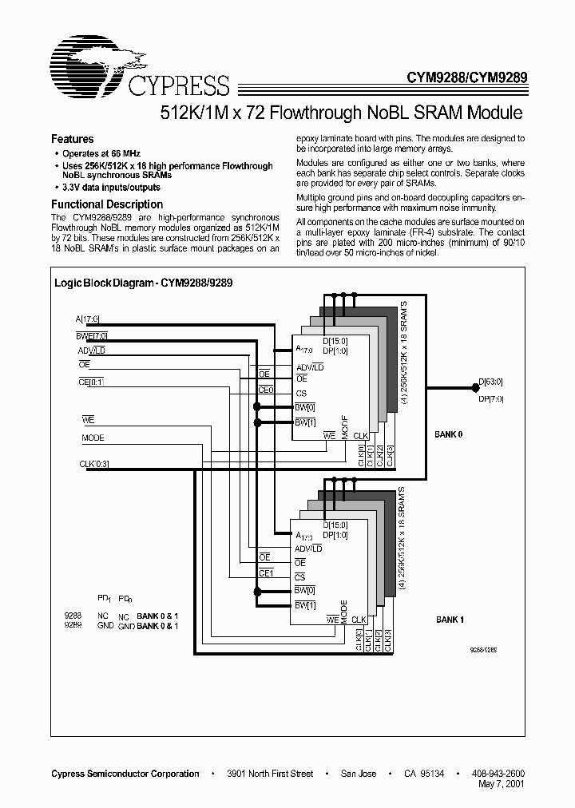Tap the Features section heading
pos(73,139)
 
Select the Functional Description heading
pos(106,204)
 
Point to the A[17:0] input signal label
pos(85,319)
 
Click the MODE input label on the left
pos(93,438)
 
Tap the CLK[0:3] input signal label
pos(94,463)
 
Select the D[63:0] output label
pos(490,383)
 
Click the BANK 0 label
pos(449,435)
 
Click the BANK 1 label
pos(450,620)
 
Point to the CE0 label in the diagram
pos(266,390)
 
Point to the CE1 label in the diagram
pos(266,572)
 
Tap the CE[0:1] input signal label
pos(91,382)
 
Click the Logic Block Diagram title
pos(142,283)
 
